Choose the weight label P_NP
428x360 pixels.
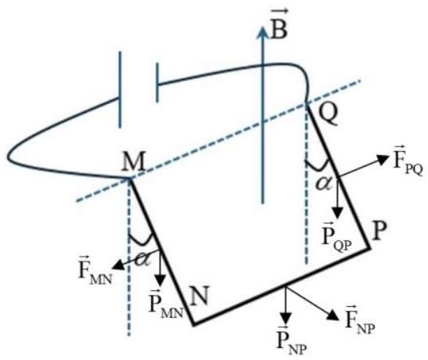286,340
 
